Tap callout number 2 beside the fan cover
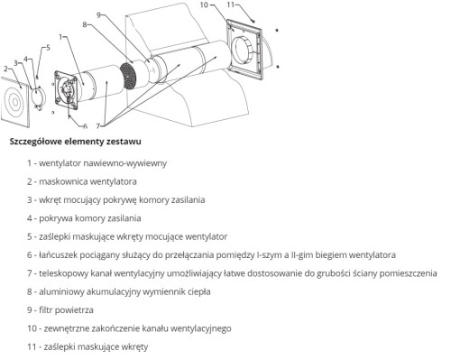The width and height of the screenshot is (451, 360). pos(6,68)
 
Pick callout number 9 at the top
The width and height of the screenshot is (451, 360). pos(99,15)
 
